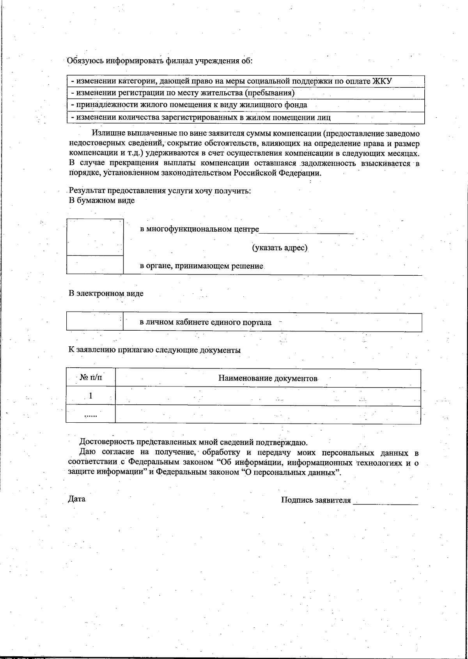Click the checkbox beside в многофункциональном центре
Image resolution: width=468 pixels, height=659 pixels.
tap(95, 237)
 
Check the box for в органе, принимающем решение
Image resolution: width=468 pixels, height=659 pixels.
tap(95, 265)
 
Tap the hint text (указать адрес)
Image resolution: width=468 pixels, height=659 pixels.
tap(280, 248)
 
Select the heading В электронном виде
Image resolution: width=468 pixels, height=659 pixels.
tap(106, 294)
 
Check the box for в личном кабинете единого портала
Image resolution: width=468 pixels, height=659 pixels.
tap(95, 322)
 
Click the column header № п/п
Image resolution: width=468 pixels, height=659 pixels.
tap(92, 377)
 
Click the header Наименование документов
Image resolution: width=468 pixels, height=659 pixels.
tap(268, 378)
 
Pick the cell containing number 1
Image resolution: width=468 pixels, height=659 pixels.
tap(91, 396)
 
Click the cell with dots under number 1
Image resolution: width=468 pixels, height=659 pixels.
tap(91, 415)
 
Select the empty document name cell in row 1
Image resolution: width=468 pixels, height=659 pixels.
tap(268, 397)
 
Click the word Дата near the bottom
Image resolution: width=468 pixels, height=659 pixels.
tap(77, 499)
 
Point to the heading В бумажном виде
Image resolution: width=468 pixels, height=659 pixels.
tap(102, 200)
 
